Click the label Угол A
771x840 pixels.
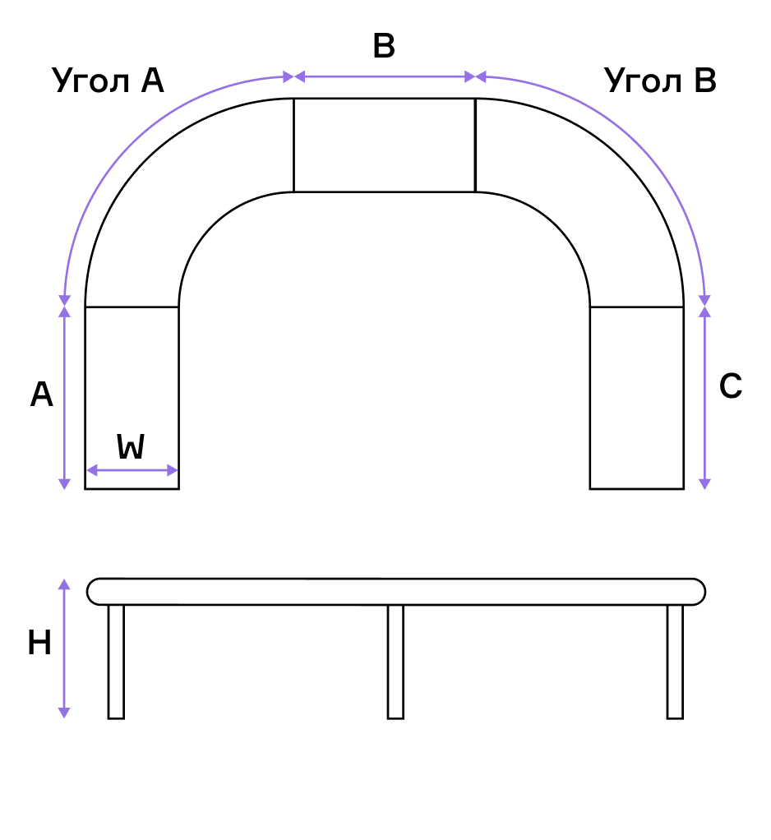point(108,81)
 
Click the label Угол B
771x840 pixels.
point(660,81)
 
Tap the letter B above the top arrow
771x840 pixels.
point(384,46)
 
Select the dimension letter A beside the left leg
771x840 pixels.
point(42,395)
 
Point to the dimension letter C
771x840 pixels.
point(730,385)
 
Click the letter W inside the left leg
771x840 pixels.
point(131,446)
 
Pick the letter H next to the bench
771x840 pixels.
point(39,643)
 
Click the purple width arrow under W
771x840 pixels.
point(132,470)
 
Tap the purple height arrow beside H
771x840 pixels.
point(64,648)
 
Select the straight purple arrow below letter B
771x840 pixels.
point(384,77)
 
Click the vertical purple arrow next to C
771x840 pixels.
point(704,398)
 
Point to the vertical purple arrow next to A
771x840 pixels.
point(64,398)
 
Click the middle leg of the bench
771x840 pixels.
point(395,662)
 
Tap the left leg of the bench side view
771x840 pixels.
point(116,662)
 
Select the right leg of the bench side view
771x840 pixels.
point(675,662)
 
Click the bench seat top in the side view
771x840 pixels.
point(396,592)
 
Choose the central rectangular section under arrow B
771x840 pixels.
point(384,145)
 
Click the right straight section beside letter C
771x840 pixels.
point(637,398)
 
